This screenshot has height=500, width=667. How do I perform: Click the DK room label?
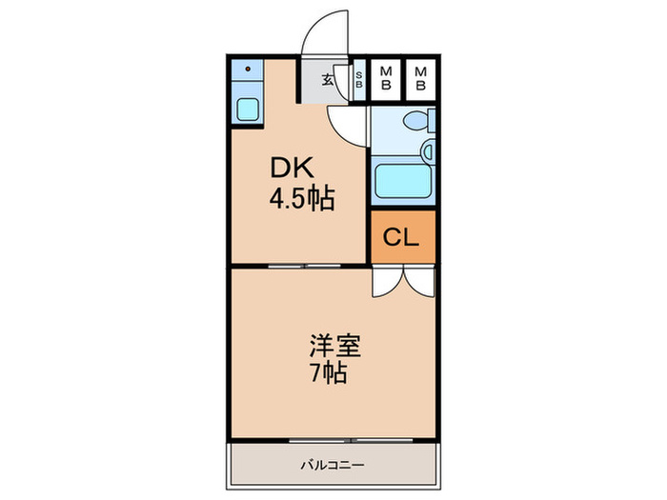(293, 168)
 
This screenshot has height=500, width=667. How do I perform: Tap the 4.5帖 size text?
(302, 198)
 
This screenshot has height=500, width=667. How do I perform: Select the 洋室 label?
(334, 346)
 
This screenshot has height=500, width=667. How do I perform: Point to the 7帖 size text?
(328, 373)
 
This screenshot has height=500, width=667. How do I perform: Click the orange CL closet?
(403, 237)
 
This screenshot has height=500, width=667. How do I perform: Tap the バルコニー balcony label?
(333, 465)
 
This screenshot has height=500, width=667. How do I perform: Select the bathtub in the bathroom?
(403, 181)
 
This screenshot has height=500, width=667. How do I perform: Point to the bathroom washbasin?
(428, 151)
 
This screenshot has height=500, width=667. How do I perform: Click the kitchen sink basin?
(247, 110)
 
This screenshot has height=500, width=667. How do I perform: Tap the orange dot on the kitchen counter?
(248, 69)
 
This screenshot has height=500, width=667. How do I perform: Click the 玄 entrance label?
(327, 79)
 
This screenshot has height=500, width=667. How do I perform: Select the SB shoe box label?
(359, 79)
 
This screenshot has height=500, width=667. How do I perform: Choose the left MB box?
(386, 79)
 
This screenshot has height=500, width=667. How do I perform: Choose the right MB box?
(421, 79)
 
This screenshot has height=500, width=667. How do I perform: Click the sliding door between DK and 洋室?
(305, 266)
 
